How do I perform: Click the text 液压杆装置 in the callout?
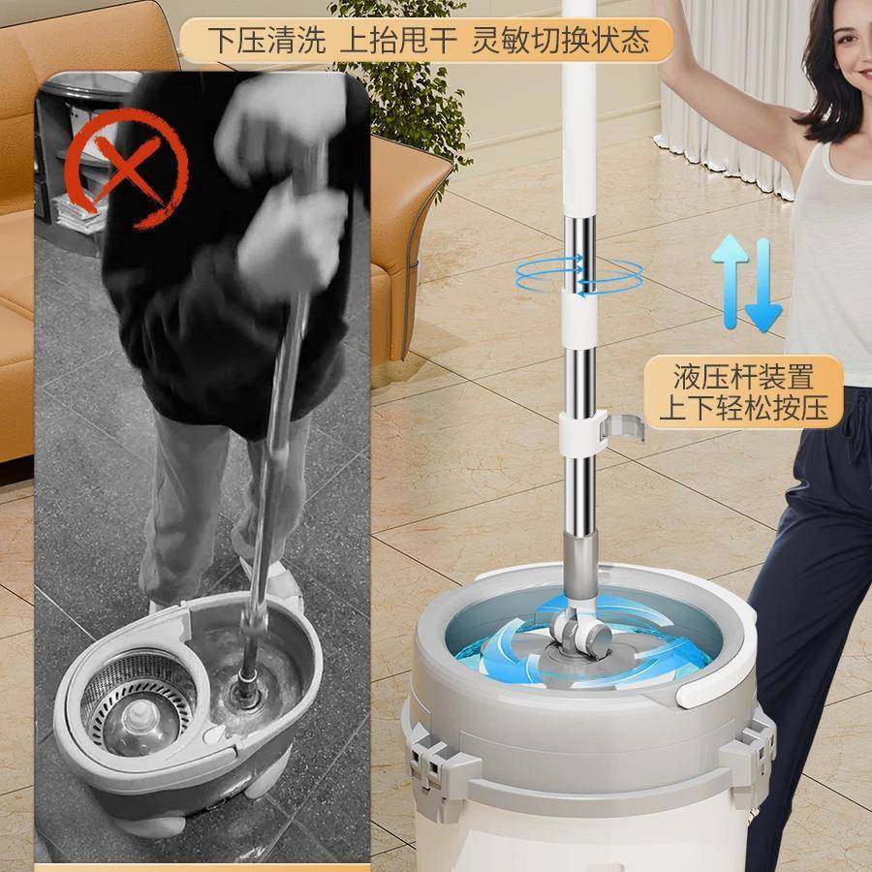click(x=744, y=373)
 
